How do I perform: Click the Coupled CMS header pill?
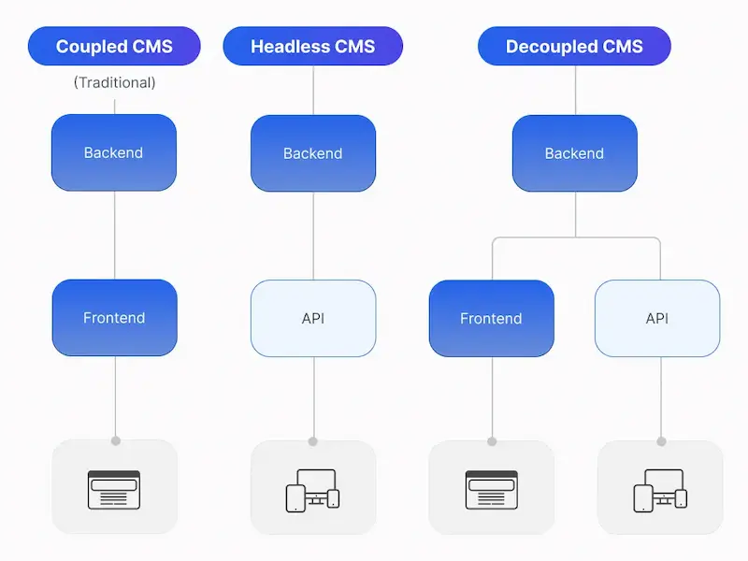114,47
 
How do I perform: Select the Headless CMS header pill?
312,47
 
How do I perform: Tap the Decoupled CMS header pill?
574,47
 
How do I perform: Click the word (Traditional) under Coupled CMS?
114,83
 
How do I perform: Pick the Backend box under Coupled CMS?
114,152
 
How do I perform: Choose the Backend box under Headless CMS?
313,152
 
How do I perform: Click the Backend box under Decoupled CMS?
574,152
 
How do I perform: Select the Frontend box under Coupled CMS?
114,318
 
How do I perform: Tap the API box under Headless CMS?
313,318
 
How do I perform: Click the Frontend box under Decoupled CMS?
491,318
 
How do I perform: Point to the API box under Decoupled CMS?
657,318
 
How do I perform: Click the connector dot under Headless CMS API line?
313,440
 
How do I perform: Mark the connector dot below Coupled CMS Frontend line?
115,440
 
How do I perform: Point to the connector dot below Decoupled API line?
661,440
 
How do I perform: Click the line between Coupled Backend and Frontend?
114,235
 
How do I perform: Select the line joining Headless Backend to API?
313,235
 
